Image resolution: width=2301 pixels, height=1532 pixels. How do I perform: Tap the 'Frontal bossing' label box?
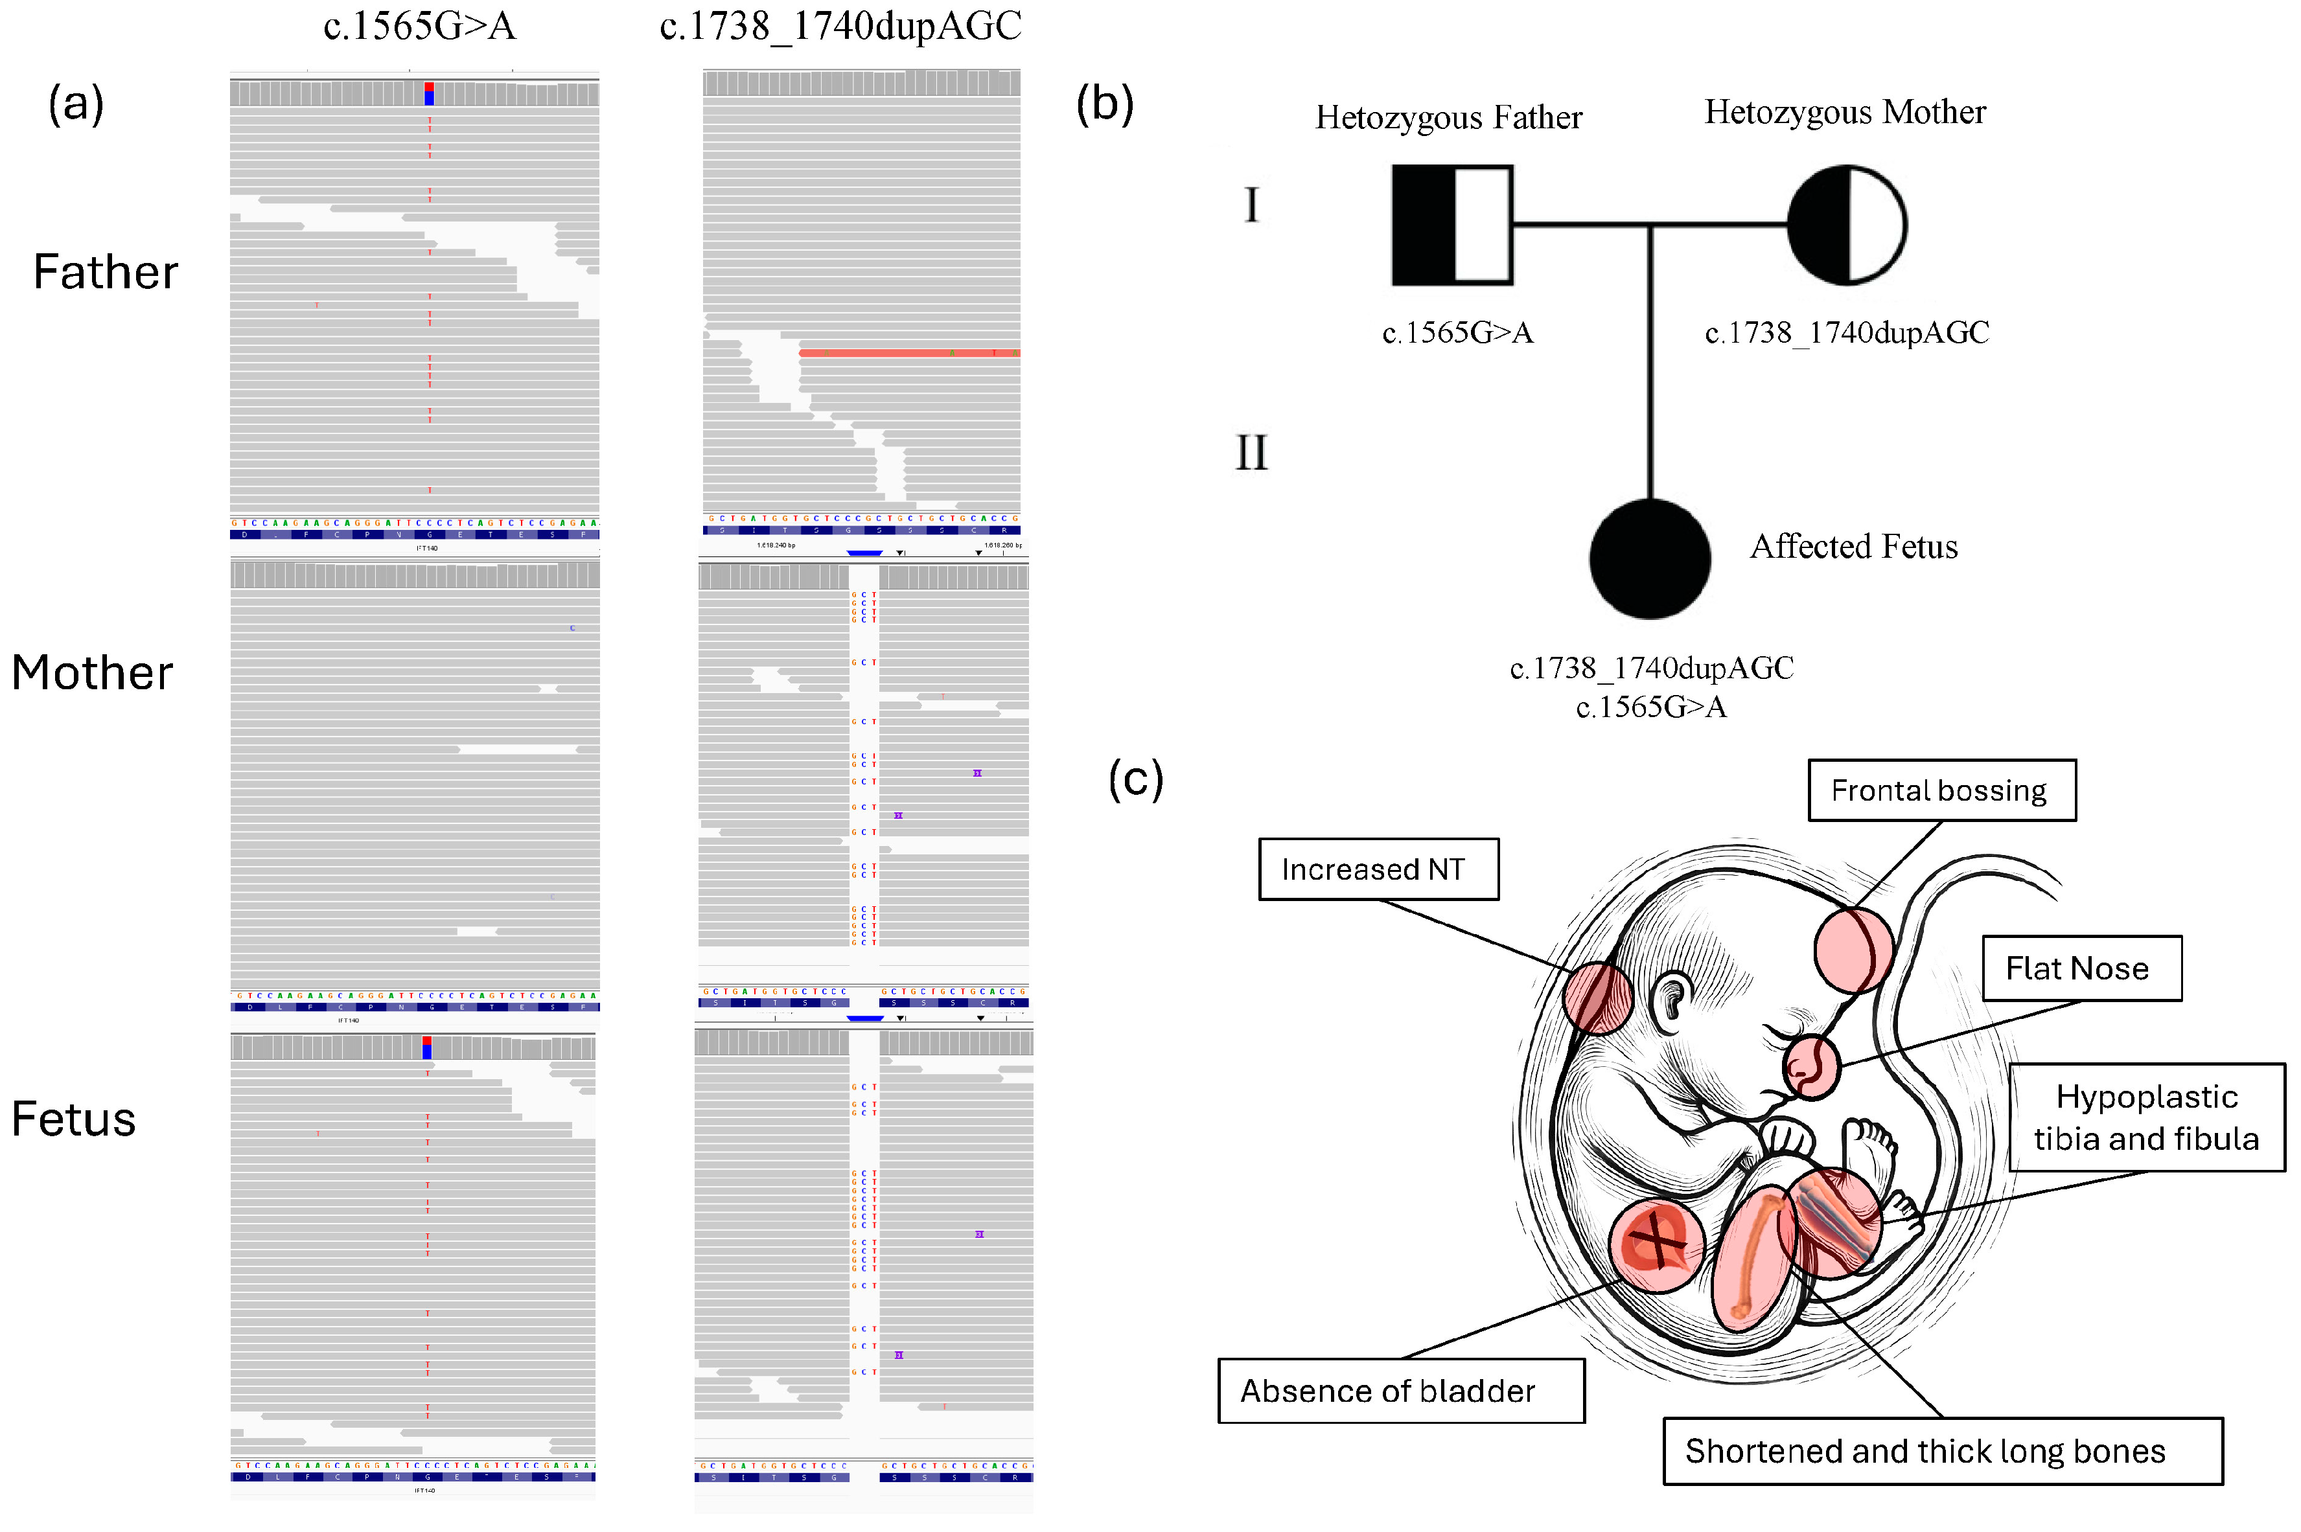coord(1941,790)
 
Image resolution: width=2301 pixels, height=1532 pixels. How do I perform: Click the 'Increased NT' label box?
coord(1378,869)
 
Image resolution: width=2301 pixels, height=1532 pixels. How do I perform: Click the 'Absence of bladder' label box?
coord(1400,1389)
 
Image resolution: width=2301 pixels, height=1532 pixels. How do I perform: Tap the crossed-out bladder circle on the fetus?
coord(1656,1245)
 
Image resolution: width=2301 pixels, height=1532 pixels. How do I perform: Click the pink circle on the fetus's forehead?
coord(1853,949)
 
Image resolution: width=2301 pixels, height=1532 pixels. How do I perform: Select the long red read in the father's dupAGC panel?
coord(908,352)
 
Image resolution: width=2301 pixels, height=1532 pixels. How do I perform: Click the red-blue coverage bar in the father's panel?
coord(429,94)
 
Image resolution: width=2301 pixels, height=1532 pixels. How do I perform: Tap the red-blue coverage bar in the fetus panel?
coord(427,1047)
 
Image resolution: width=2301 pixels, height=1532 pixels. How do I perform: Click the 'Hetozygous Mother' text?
coord(1845,112)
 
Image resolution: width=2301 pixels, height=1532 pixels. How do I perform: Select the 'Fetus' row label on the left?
coord(73,1119)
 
